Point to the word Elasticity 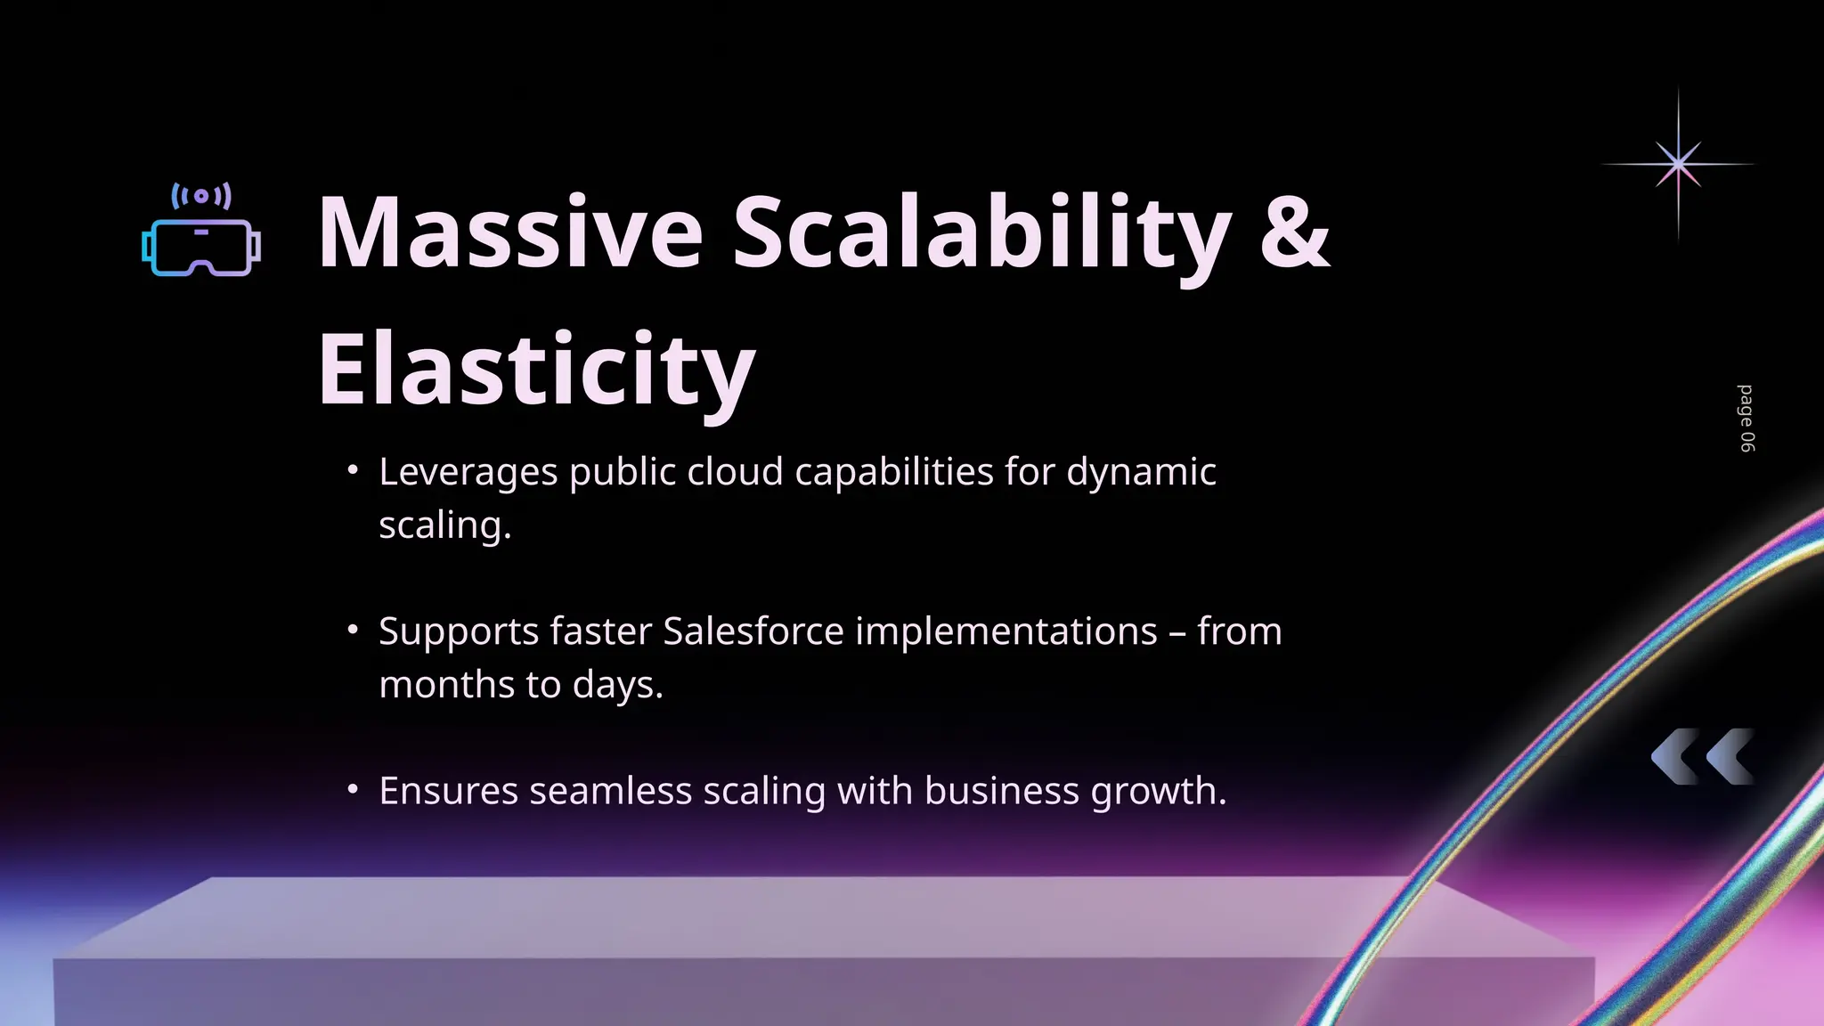coord(536,369)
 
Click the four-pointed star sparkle coord(1678,164)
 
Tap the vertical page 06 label coord(1747,419)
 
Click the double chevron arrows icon coord(1702,757)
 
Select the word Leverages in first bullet coord(468,472)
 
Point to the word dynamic coord(1141,472)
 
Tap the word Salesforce coord(753,631)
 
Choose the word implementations coord(1006,631)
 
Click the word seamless coord(610,791)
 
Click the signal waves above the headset coord(201,196)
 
